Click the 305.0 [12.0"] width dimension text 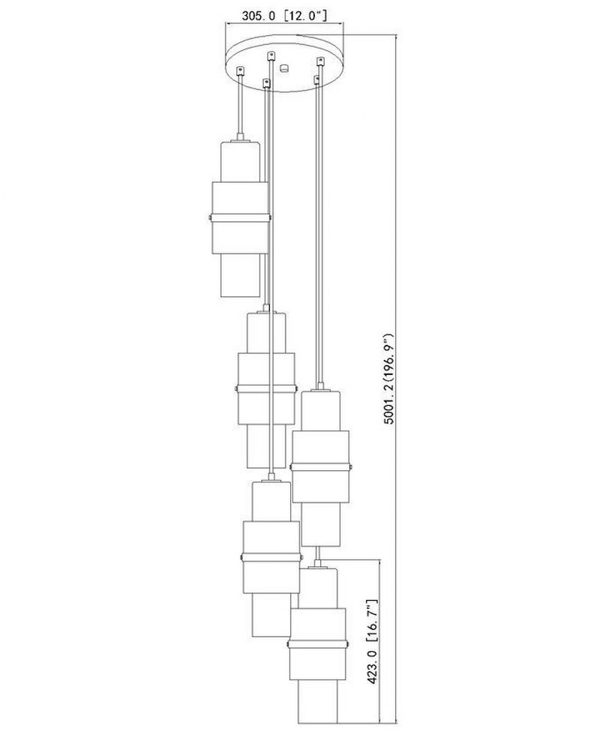284,16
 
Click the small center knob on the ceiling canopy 284,67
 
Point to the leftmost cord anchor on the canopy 241,70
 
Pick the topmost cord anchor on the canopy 271,55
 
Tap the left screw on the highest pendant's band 211,218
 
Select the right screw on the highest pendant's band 270,218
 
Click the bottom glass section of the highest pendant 240,275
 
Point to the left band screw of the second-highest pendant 236,388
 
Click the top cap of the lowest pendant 318,567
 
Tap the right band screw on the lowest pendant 348,644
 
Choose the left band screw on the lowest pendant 288,644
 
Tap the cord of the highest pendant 240,106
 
